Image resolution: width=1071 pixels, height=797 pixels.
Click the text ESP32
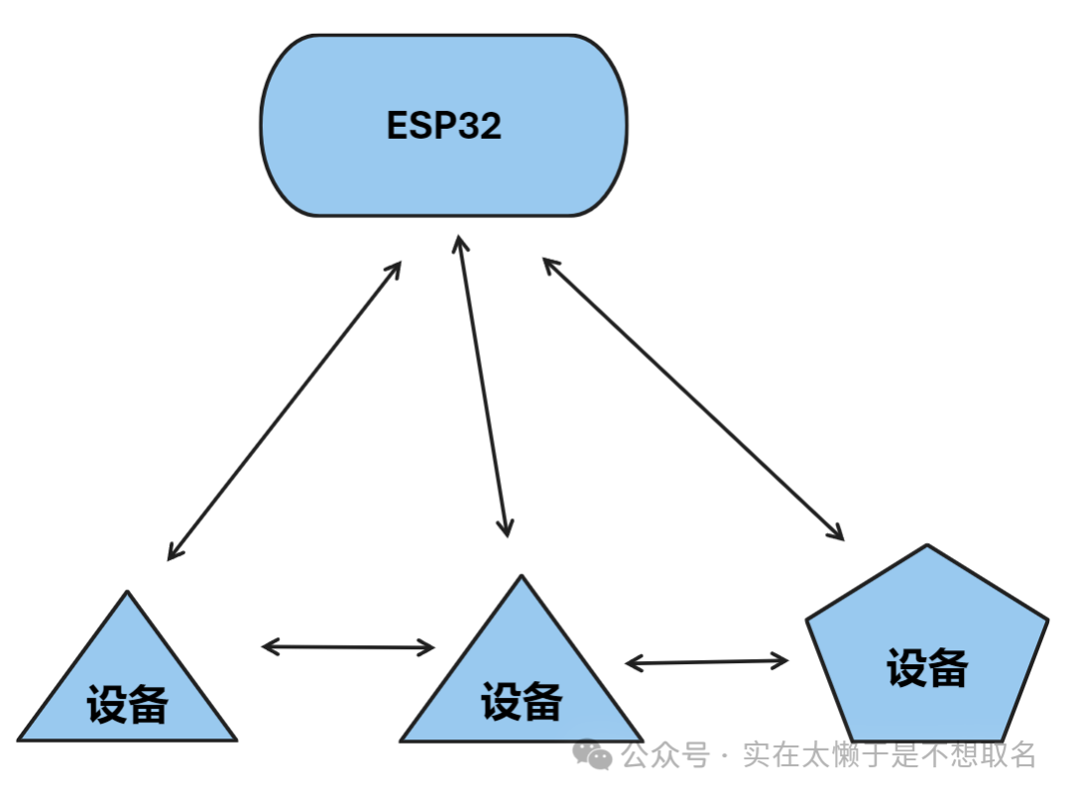[443, 126]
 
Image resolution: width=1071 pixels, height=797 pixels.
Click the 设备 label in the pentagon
[926, 668]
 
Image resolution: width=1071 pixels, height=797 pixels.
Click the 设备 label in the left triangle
[127, 706]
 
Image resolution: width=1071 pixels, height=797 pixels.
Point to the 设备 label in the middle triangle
[522, 703]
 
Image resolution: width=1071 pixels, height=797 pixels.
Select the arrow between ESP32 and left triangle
[285, 410]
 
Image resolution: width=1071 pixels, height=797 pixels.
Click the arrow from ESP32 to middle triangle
[482, 387]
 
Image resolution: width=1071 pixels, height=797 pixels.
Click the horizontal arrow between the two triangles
[348, 647]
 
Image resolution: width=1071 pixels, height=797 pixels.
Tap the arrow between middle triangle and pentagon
[706, 661]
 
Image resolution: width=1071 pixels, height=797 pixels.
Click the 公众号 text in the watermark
[665, 755]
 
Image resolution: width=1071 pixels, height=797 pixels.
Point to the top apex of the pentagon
[926, 545]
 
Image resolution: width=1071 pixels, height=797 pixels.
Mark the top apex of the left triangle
[127, 593]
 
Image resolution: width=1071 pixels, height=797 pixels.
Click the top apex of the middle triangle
[521, 576]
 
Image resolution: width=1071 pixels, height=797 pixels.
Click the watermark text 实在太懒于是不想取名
[890, 755]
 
